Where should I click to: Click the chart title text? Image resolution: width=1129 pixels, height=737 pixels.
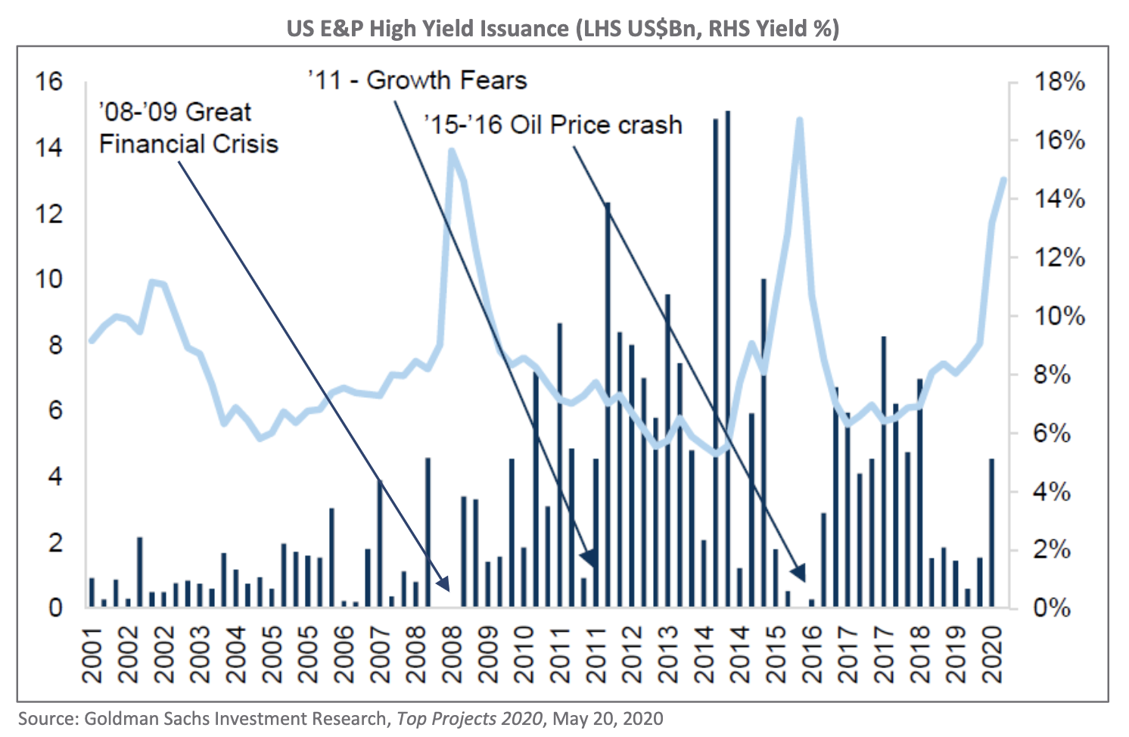pyautogui.click(x=562, y=29)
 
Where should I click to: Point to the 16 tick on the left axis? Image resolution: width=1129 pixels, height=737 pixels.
pyautogui.click(x=49, y=81)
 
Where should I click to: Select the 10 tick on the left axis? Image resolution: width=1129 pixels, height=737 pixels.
pyautogui.click(x=49, y=279)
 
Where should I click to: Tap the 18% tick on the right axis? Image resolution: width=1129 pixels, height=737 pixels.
pyautogui.click(x=1059, y=82)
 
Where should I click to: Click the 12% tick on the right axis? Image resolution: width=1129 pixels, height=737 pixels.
pyautogui.click(x=1059, y=258)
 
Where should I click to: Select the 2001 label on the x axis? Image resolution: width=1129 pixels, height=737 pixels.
pyautogui.click(x=92, y=655)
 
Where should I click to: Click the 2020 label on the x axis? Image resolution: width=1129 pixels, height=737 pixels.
pyautogui.click(x=993, y=655)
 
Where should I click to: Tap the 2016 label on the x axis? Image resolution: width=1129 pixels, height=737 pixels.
pyautogui.click(x=813, y=655)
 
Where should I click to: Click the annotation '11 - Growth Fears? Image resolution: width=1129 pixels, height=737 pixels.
pyautogui.click(x=417, y=80)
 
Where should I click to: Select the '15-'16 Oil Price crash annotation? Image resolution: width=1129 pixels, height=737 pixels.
pyautogui.click(x=553, y=125)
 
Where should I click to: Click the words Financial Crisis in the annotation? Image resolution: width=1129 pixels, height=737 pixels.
pyautogui.click(x=188, y=144)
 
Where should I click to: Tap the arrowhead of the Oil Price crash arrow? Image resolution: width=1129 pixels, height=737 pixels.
pyautogui.click(x=800, y=572)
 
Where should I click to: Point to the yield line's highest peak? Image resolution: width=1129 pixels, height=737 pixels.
pyautogui.click(x=799, y=120)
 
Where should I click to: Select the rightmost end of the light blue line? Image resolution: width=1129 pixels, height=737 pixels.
pyautogui.click(x=1004, y=179)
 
